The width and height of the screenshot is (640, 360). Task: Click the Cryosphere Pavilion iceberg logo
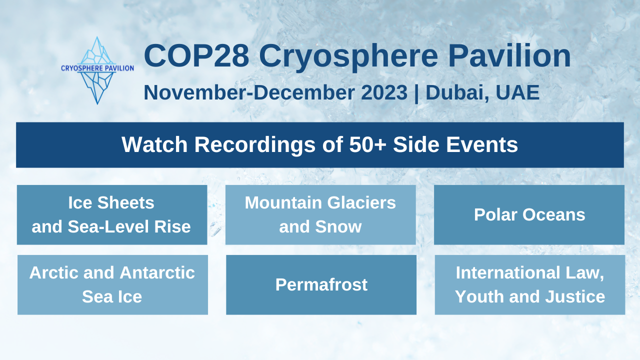pos(97,70)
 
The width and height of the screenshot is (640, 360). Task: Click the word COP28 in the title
pos(196,56)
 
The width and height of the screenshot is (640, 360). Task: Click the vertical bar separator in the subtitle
pos(417,93)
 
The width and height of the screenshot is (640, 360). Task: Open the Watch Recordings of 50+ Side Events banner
pos(320,145)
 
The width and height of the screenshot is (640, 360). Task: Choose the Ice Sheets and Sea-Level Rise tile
pos(112,215)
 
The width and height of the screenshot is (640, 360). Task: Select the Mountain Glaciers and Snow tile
pos(320,215)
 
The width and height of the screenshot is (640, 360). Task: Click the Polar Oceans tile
pos(529,215)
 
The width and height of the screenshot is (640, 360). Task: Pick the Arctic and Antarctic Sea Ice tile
pos(112,285)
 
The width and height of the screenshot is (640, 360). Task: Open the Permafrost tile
pos(321,285)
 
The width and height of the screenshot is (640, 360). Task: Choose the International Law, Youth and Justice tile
pos(530,285)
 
